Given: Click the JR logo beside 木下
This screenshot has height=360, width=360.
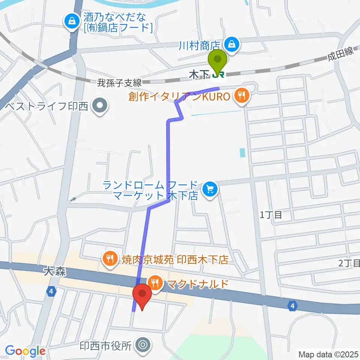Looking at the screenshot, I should pyautogui.click(x=218, y=75).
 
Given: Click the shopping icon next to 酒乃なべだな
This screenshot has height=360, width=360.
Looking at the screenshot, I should pyautogui.click(x=71, y=21).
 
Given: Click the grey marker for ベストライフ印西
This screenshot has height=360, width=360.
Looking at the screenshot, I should pyautogui.click(x=100, y=106).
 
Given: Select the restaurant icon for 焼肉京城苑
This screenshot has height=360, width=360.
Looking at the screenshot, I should pyautogui.click(x=109, y=258).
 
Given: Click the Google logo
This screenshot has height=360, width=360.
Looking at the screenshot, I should pyautogui.click(x=25, y=351).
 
